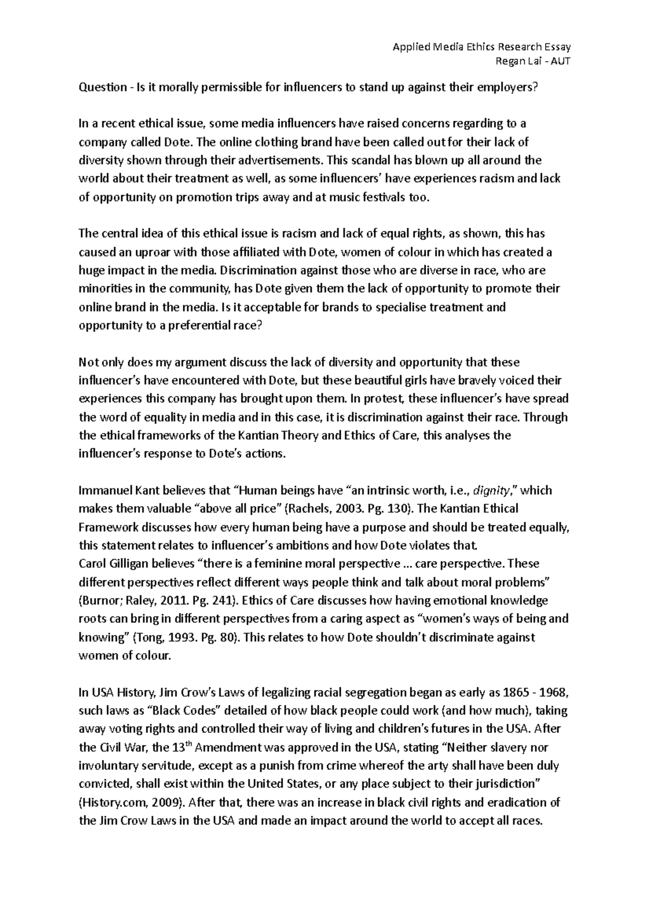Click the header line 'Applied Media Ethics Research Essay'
pos(481,47)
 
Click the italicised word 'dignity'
pos(491,491)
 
